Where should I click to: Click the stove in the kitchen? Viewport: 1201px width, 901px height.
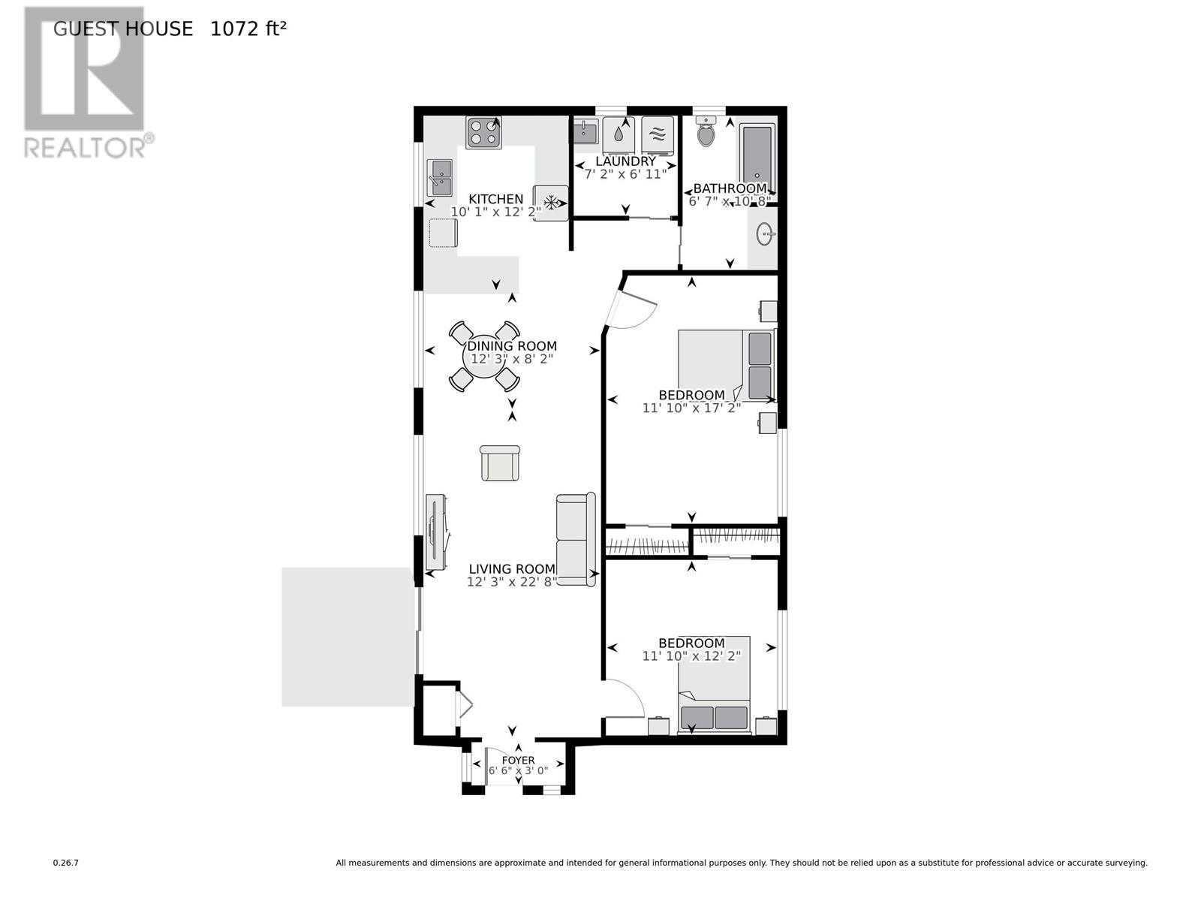click(x=483, y=133)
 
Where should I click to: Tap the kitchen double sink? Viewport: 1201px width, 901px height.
click(x=440, y=177)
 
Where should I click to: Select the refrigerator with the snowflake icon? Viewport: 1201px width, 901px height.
click(x=551, y=202)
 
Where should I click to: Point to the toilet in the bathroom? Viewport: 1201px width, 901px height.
click(x=706, y=134)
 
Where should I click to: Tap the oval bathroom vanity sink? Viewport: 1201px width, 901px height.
click(x=765, y=234)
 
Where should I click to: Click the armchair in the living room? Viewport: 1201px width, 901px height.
click(x=499, y=463)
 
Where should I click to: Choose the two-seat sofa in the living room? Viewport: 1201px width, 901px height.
click(x=576, y=540)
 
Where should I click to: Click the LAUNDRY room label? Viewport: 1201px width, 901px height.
click(x=625, y=161)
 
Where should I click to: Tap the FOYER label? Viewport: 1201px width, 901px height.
click(x=518, y=760)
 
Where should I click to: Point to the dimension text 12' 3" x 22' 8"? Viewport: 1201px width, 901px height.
click(x=511, y=582)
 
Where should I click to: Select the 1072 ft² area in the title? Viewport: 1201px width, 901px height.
click(x=248, y=29)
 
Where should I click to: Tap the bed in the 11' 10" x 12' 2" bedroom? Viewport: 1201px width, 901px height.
click(x=714, y=683)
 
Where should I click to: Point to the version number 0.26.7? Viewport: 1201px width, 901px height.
click(x=65, y=863)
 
